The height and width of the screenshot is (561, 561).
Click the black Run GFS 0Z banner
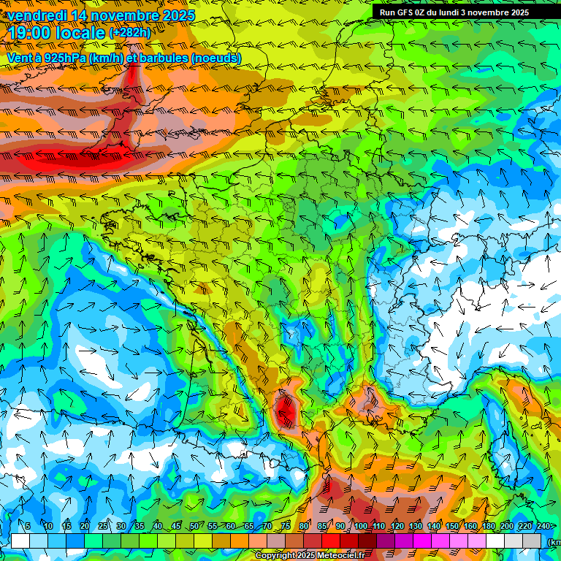coord(460,12)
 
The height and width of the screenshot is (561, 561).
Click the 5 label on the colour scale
coord(28,527)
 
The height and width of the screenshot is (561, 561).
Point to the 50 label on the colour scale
coord(193,527)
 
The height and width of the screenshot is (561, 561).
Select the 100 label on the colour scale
coord(361,527)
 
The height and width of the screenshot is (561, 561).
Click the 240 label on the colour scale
coord(543,527)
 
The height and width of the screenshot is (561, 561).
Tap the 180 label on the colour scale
coord(488,527)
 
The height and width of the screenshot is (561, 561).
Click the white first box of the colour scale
coord(20,541)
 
